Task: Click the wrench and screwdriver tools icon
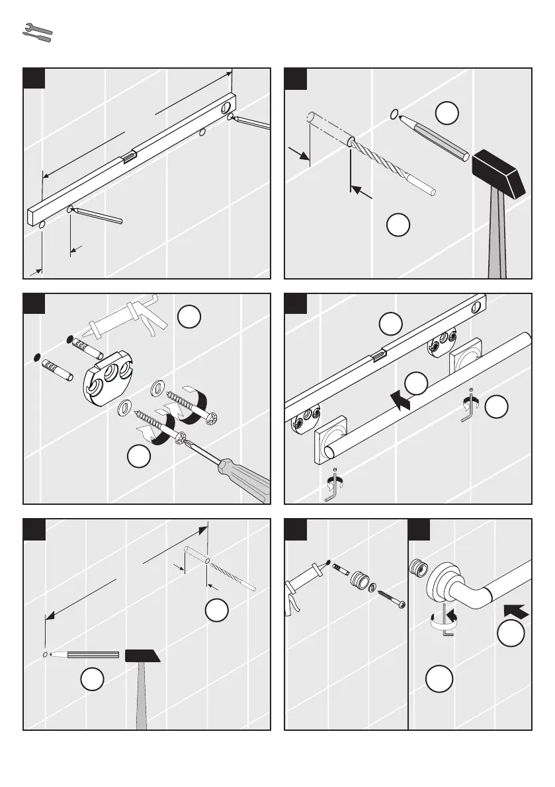coord(37,33)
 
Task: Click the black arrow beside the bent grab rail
coord(517,609)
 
